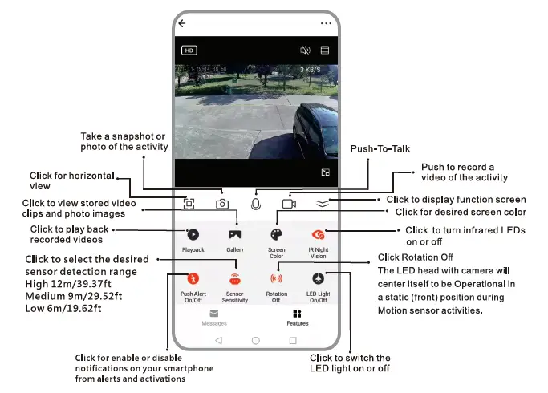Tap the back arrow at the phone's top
tap(182, 24)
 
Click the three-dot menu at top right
tap(326, 24)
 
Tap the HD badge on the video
tap(189, 50)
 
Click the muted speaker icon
tap(305, 50)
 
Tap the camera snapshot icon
tap(222, 204)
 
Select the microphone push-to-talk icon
tap(256, 203)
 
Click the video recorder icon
tap(289, 204)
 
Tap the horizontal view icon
tap(189, 204)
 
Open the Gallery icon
tap(235, 235)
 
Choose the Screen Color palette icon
tap(276, 235)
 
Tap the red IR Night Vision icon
tap(318, 235)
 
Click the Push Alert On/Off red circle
tap(193, 279)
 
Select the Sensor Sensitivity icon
tap(235, 279)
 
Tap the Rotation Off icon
tap(276, 279)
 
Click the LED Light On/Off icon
tap(318, 279)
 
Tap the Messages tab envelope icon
tap(214, 314)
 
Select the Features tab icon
tap(298, 314)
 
